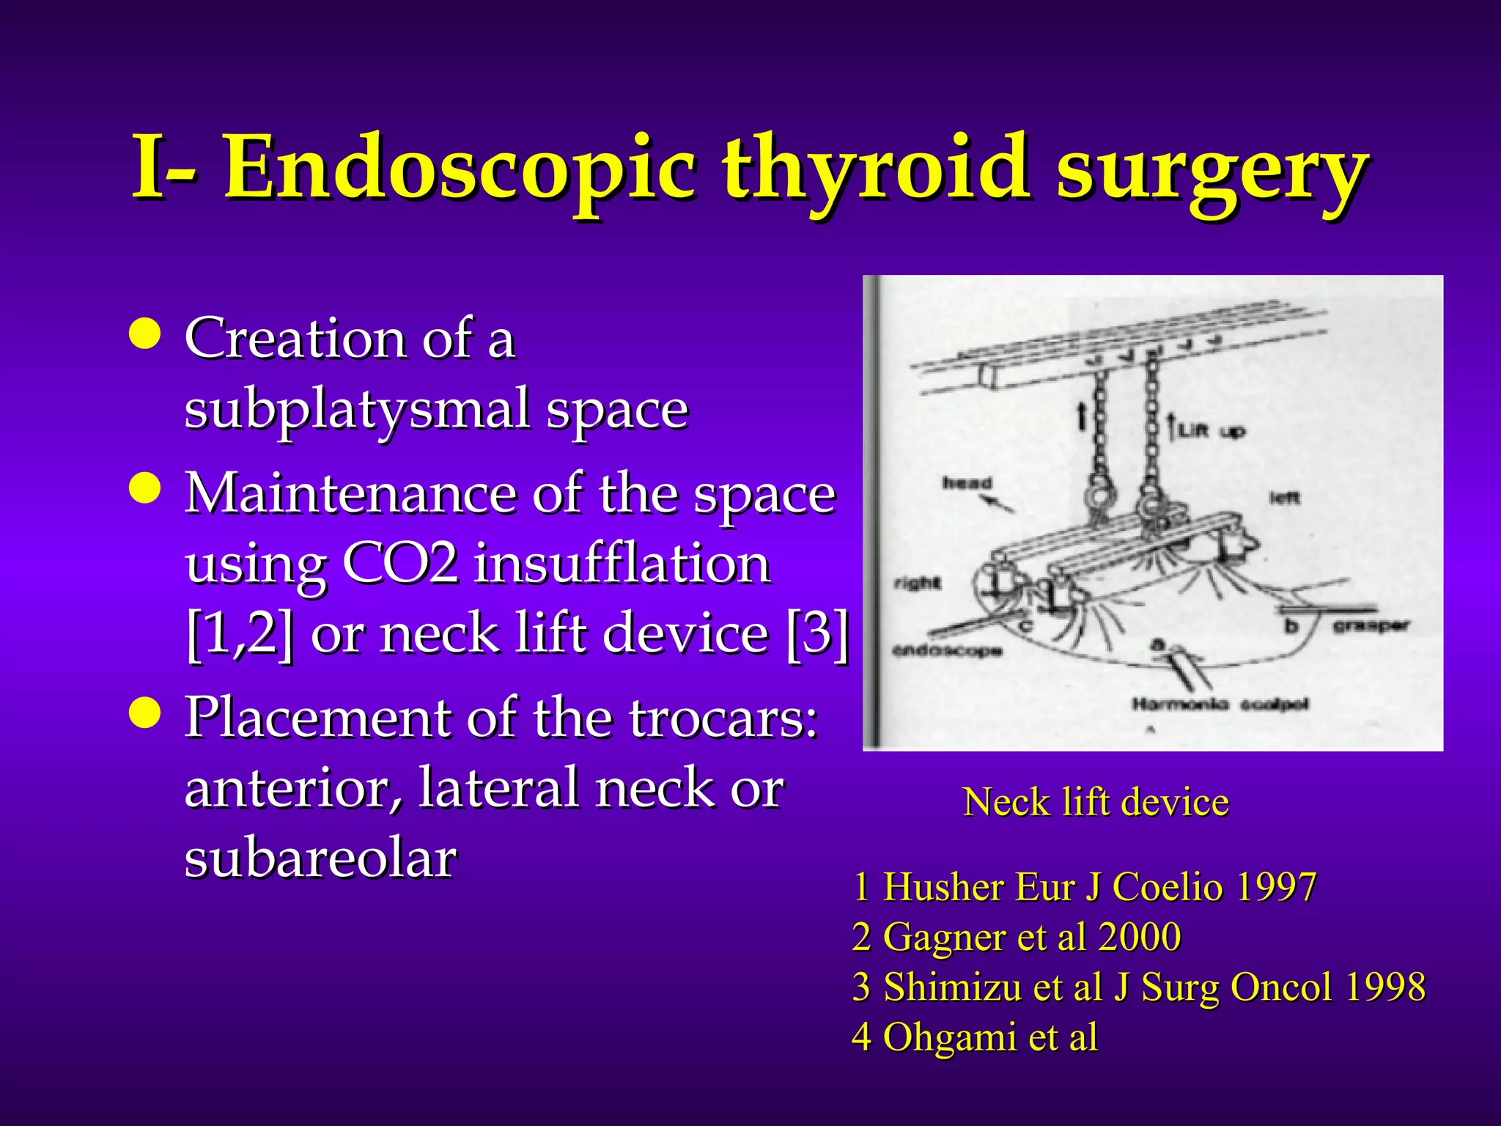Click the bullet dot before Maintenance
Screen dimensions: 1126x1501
(x=144, y=490)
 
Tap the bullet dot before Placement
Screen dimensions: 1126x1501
(x=144, y=713)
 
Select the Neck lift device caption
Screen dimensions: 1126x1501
(x=1095, y=802)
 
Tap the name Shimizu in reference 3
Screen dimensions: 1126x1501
(x=952, y=987)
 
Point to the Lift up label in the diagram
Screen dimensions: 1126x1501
(x=1211, y=432)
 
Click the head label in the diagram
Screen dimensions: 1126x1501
(x=967, y=484)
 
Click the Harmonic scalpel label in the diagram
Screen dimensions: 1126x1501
(x=1220, y=704)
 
